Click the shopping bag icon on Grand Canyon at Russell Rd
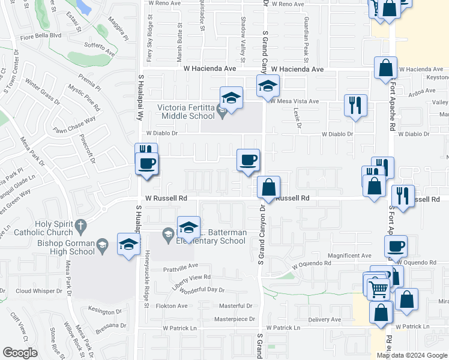pos(269,187)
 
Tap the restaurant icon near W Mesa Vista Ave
pos(355,105)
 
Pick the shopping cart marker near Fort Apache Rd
pos(378,289)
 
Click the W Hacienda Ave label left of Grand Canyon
pos(210,69)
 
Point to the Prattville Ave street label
pos(180,266)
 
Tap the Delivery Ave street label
pos(324,320)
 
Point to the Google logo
pos(20,353)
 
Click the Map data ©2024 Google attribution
pos(412,355)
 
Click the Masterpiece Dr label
pos(235,319)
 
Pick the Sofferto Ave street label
pos(99,48)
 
